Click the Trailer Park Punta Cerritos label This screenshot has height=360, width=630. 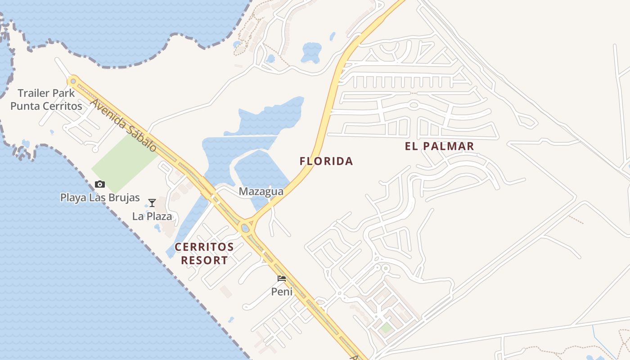pyautogui.click(x=46, y=99)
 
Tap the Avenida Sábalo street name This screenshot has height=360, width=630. pyautogui.click(x=123, y=125)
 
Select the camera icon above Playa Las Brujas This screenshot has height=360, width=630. pyautogui.click(x=100, y=184)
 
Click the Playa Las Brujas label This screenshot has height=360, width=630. pyautogui.click(x=100, y=198)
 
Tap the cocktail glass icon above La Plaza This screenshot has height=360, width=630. pyautogui.click(x=152, y=202)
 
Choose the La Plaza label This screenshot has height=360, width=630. pyautogui.click(x=152, y=216)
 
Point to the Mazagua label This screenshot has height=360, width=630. pyautogui.click(x=261, y=192)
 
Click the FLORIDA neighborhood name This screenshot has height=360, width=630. pyautogui.click(x=326, y=161)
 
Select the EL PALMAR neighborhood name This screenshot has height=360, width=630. pyautogui.click(x=439, y=146)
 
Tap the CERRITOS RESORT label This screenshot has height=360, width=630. pyautogui.click(x=204, y=253)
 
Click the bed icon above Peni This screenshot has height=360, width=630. pyautogui.click(x=282, y=279)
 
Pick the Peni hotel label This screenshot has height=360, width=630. pyautogui.click(x=282, y=292)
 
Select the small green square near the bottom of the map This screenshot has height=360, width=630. pyautogui.click(x=386, y=328)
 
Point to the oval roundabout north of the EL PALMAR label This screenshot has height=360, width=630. pyautogui.click(x=414, y=105)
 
